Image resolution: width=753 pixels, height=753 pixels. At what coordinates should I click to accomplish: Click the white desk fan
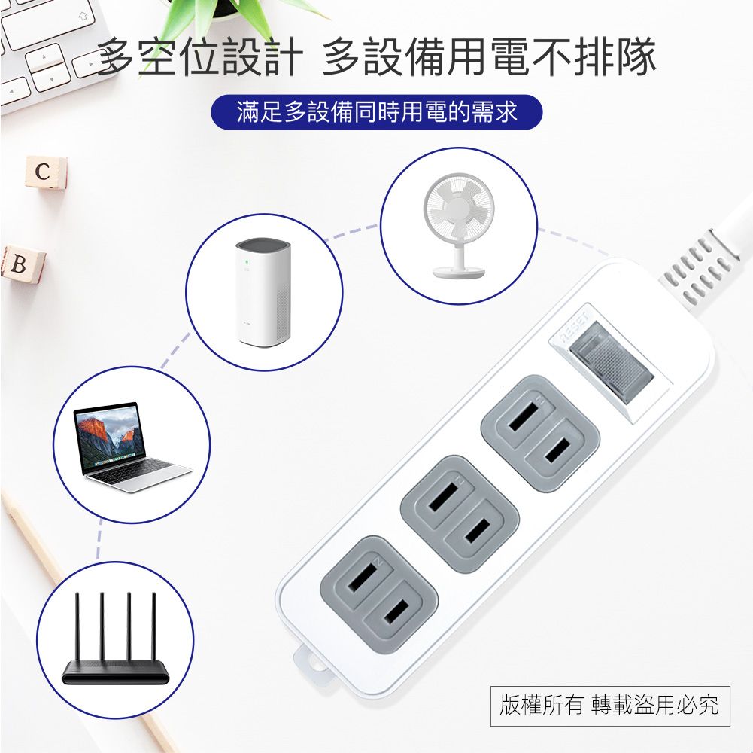[x=458, y=224]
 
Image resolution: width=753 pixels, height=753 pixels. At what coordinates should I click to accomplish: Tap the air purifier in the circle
[x=263, y=291]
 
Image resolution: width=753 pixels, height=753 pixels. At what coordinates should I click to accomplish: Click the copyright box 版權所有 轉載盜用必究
[x=609, y=706]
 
